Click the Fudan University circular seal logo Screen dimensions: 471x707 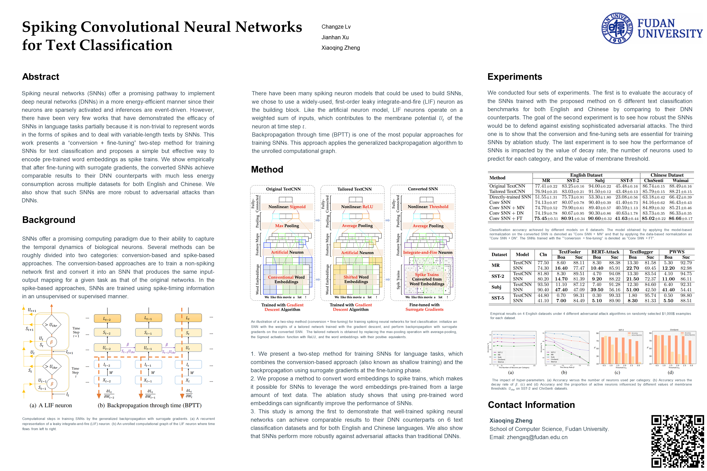[617, 28]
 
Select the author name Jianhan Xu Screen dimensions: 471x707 [335, 37]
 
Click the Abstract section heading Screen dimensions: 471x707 [41, 77]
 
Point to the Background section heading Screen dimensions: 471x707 [49, 220]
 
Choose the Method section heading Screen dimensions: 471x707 [267, 169]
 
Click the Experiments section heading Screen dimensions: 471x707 [515, 77]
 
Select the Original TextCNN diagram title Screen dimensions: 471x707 [283, 189]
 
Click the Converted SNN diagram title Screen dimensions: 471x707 [423, 189]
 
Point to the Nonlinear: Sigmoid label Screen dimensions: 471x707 [287, 207]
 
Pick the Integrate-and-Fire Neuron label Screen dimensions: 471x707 [427, 252]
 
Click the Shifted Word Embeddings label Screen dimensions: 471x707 [356, 279]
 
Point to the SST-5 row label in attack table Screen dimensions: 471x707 [498, 298]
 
